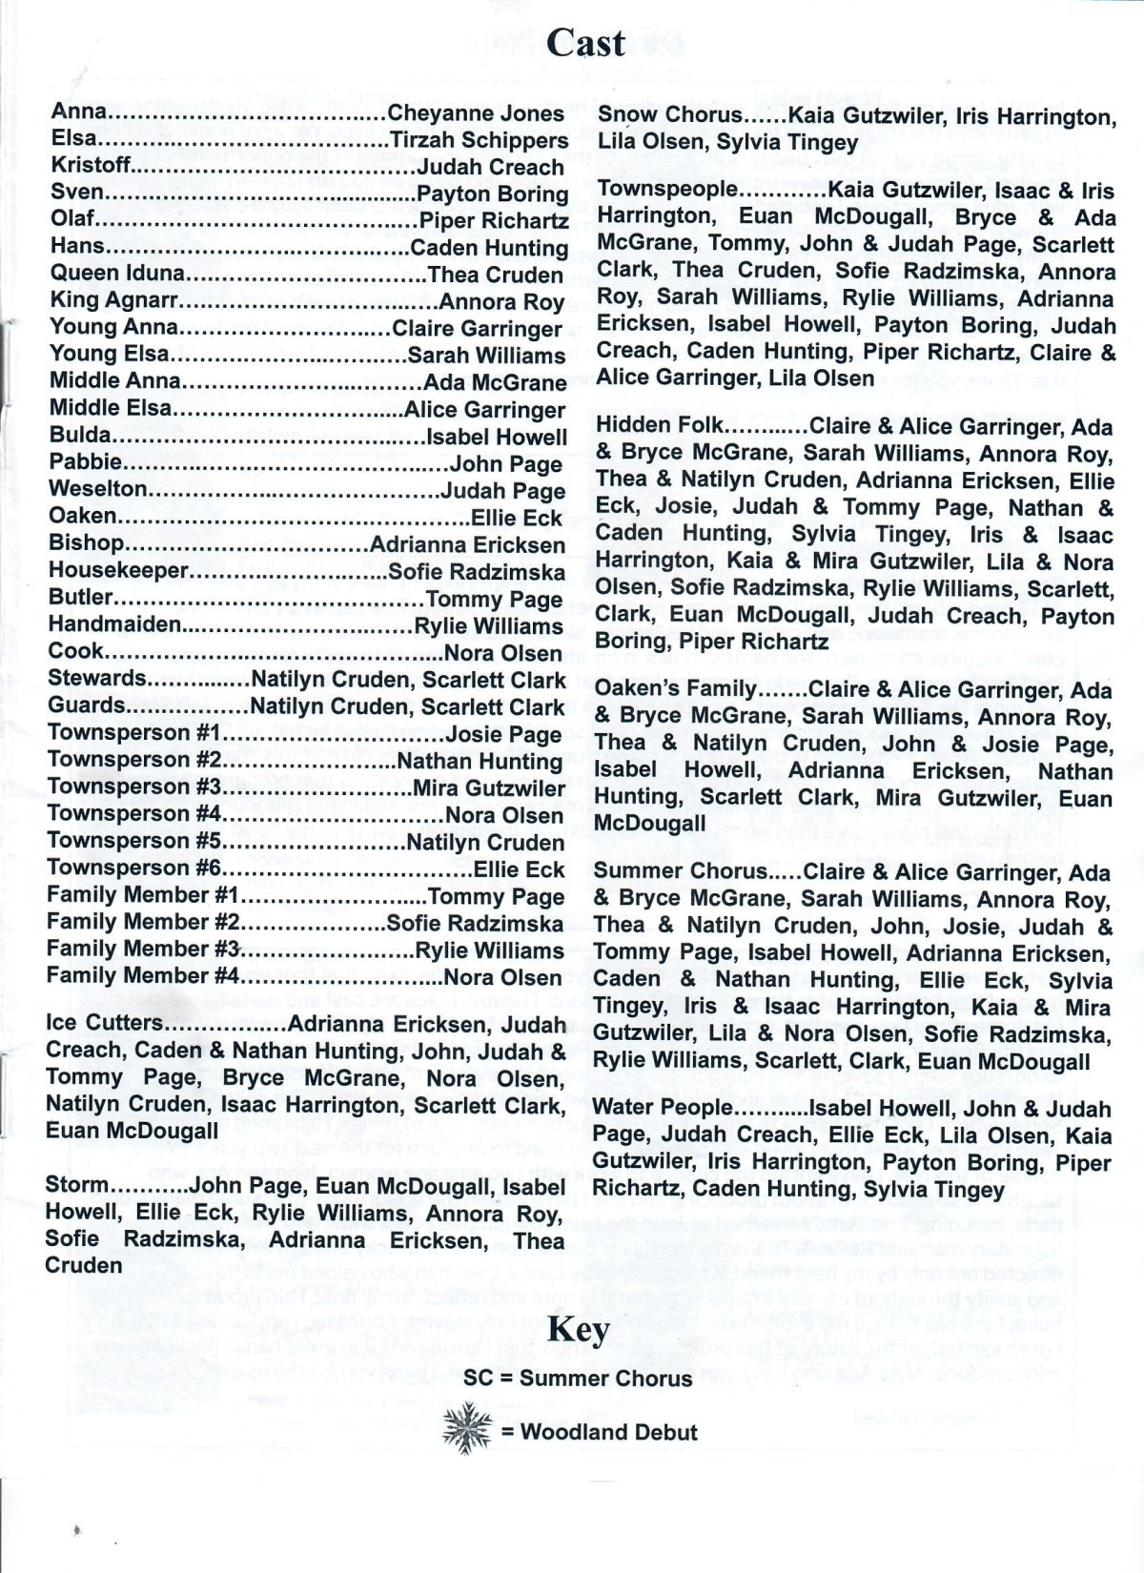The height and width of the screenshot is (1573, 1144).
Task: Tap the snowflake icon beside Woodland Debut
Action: [x=465, y=1431]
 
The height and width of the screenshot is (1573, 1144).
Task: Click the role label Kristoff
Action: [x=92, y=167]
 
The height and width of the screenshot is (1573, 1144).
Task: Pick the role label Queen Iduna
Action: [x=116, y=275]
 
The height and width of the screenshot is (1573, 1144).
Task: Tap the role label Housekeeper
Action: [x=118, y=571]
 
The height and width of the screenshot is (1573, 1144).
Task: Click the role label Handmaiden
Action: [x=114, y=625]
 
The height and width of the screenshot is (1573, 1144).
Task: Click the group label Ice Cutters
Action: [x=105, y=1024]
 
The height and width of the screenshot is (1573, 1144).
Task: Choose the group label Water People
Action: [x=664, y=1109]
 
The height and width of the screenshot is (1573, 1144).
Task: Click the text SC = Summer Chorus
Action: [x=579, y=1379]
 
